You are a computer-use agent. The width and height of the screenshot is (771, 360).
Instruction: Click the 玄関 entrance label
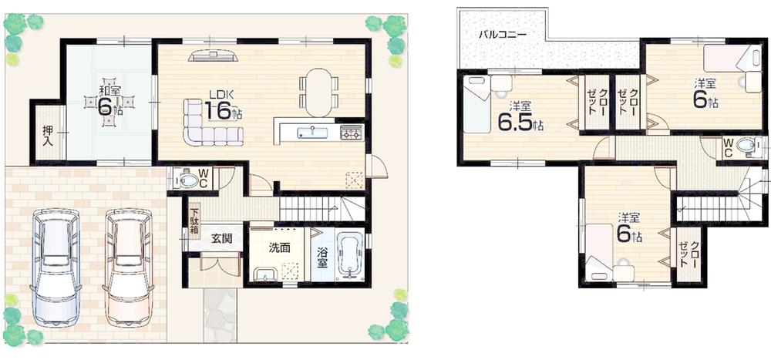[221, 238]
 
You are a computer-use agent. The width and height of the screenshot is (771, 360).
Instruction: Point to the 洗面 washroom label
[279, 248]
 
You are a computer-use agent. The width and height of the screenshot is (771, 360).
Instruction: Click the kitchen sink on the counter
[312, 133]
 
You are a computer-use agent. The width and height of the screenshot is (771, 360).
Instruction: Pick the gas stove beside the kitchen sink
[350, 133]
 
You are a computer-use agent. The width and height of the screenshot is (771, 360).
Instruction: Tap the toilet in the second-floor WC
[746, 146]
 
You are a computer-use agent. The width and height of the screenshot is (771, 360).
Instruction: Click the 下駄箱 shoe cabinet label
[195, 221]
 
